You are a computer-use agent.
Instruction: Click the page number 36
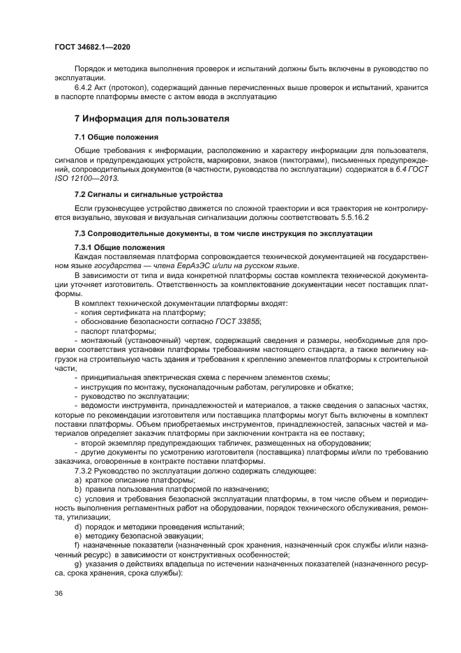(x=59, y=593)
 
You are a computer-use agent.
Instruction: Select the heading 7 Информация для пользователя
(x=151, y=119)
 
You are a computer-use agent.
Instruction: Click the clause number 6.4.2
(x=84, y=88)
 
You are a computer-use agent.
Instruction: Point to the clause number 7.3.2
(x=84, y=471)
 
